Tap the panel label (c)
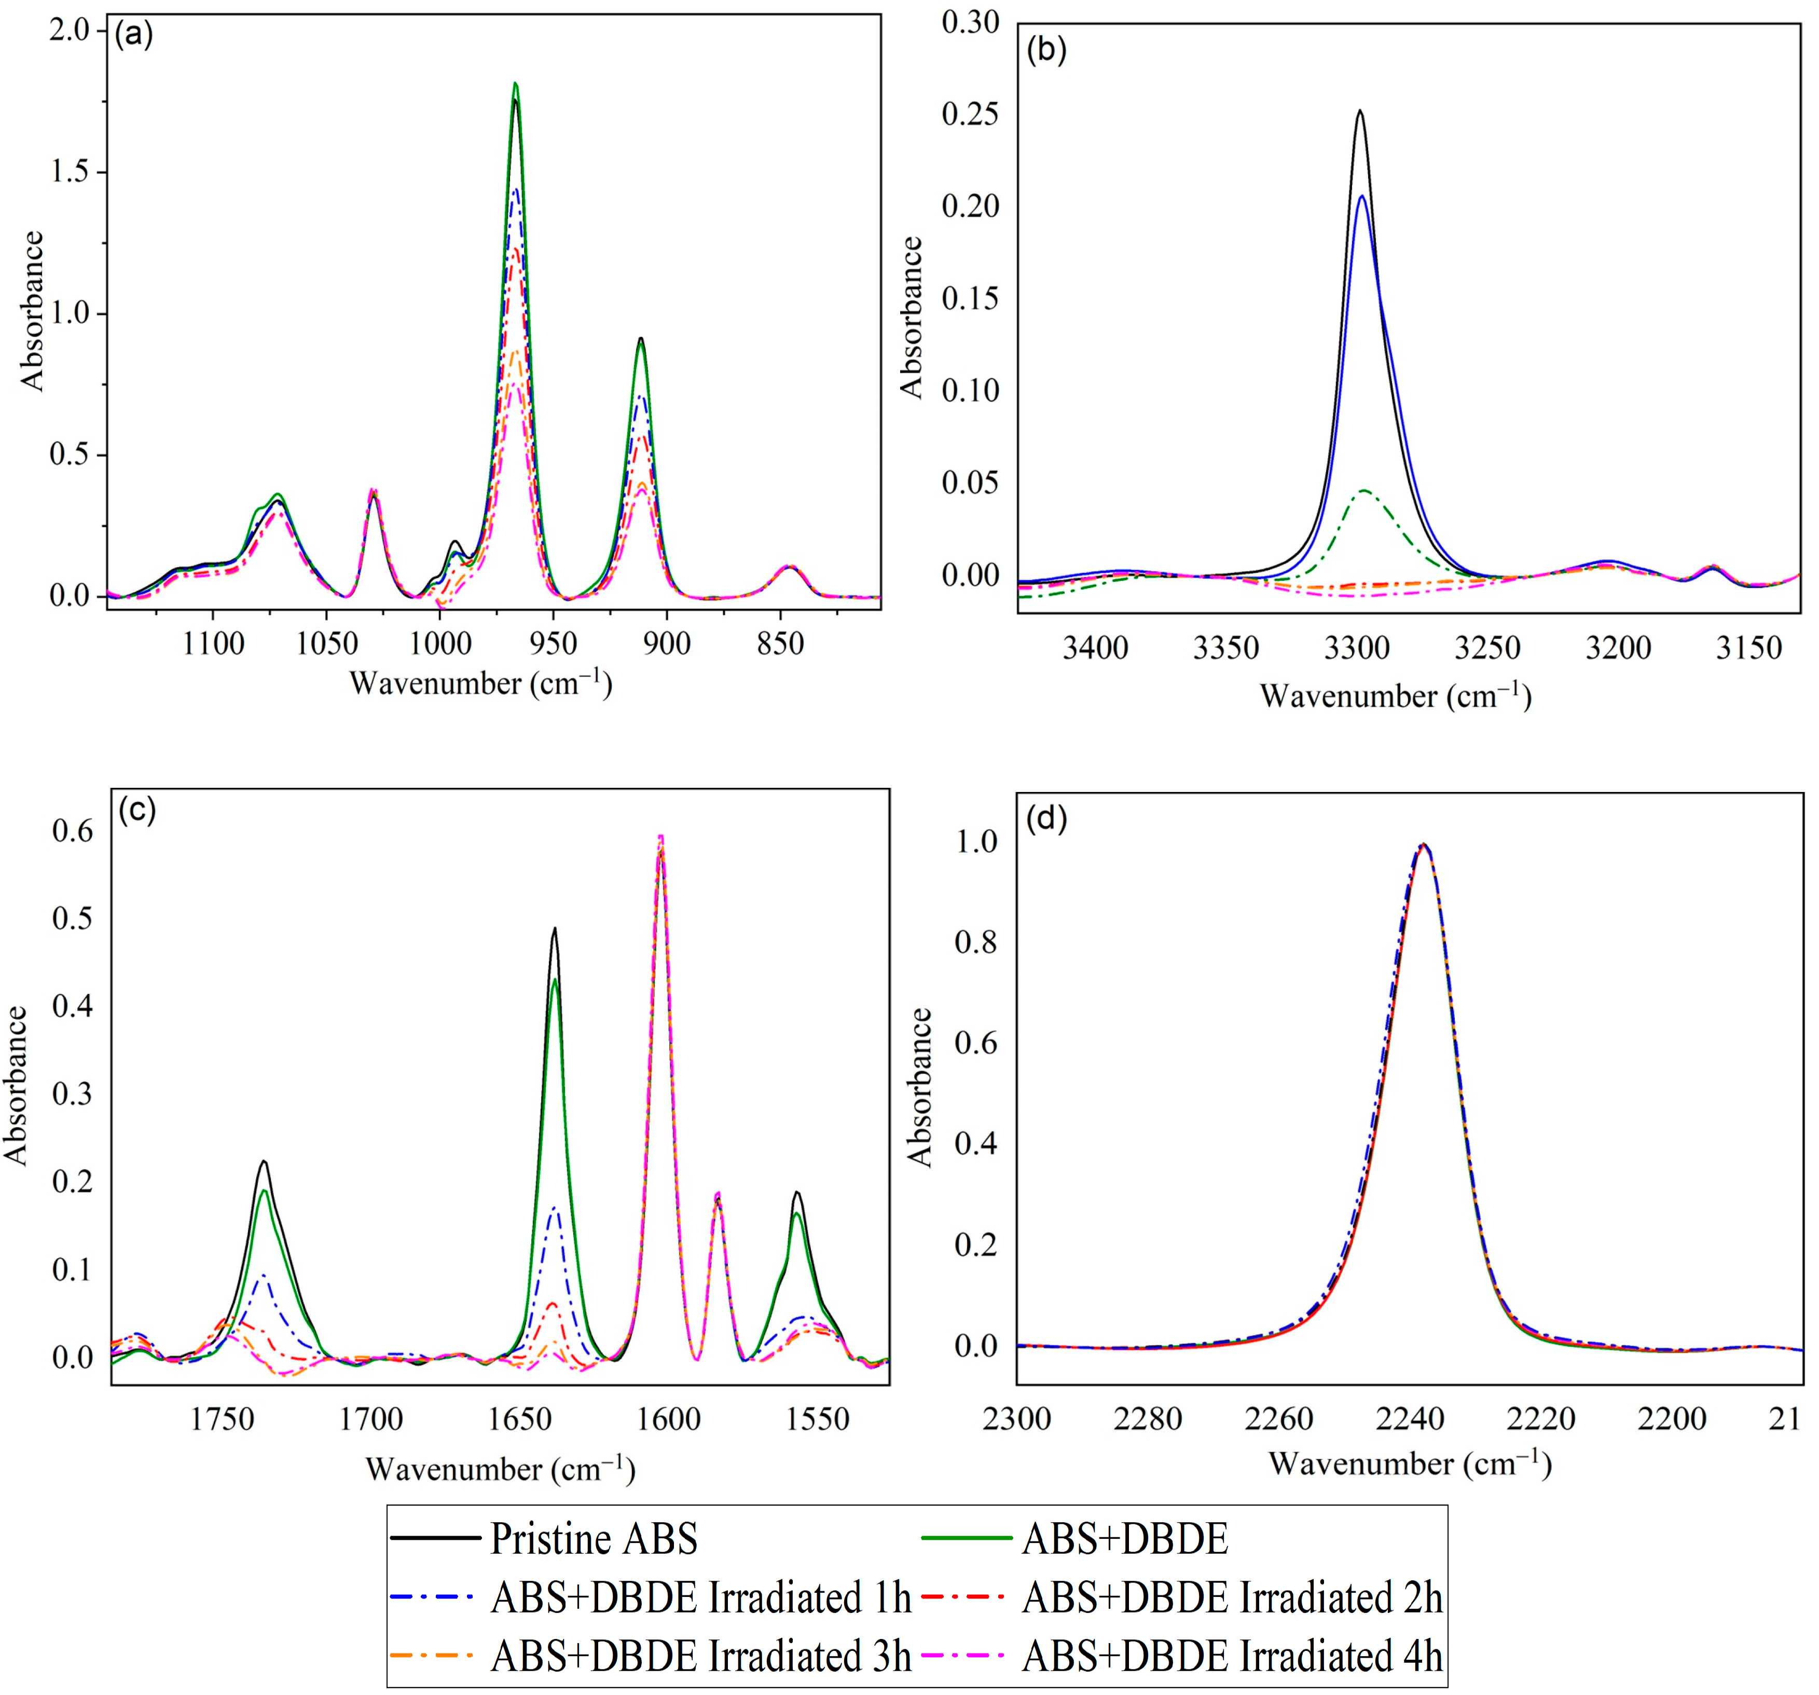pyautogui.click(x=137, y=809)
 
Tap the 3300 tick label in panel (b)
pyautogui.click(x=1357, y=648)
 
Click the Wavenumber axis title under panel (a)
pyautogui.click(x=480, y=684)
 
